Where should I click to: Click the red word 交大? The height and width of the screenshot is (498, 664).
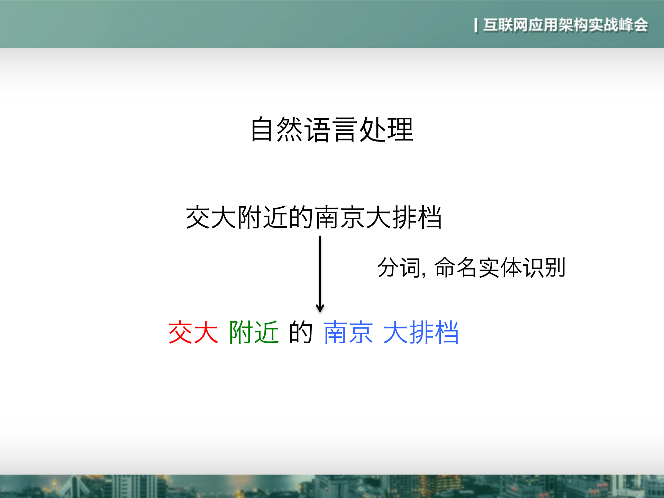pyautogui.click(x=193, y=332)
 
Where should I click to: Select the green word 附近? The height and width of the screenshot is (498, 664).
pyautogui.click(x=254, y=332)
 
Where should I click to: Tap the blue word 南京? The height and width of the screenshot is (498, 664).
pyautogui.click(x=348, y=332)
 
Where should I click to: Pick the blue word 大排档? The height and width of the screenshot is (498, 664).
pyautogui.click(x=421, y=332)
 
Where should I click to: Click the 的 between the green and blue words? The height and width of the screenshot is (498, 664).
pyautogui.click(x=301, y=332)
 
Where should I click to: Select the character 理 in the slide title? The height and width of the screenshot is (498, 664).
pyautogui.click(x=400, y=129)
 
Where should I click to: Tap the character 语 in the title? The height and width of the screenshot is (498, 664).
pyautogui.click(x=317, y=129)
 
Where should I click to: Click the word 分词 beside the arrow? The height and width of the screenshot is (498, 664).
pyautogui.click(x=399, y=268)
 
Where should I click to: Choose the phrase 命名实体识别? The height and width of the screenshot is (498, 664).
pyautogui.click(x=500, y=268)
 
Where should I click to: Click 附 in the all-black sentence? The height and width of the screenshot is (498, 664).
pyautogui.click(x=250, y=217)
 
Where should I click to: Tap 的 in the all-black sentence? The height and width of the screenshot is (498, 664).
pyautogui.click(x=301, y=217)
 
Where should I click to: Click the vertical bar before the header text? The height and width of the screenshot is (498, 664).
pyautogui.click(x=476, y=25)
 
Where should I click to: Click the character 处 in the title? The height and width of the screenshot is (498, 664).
pyautogui.click(x=373, y=129)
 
